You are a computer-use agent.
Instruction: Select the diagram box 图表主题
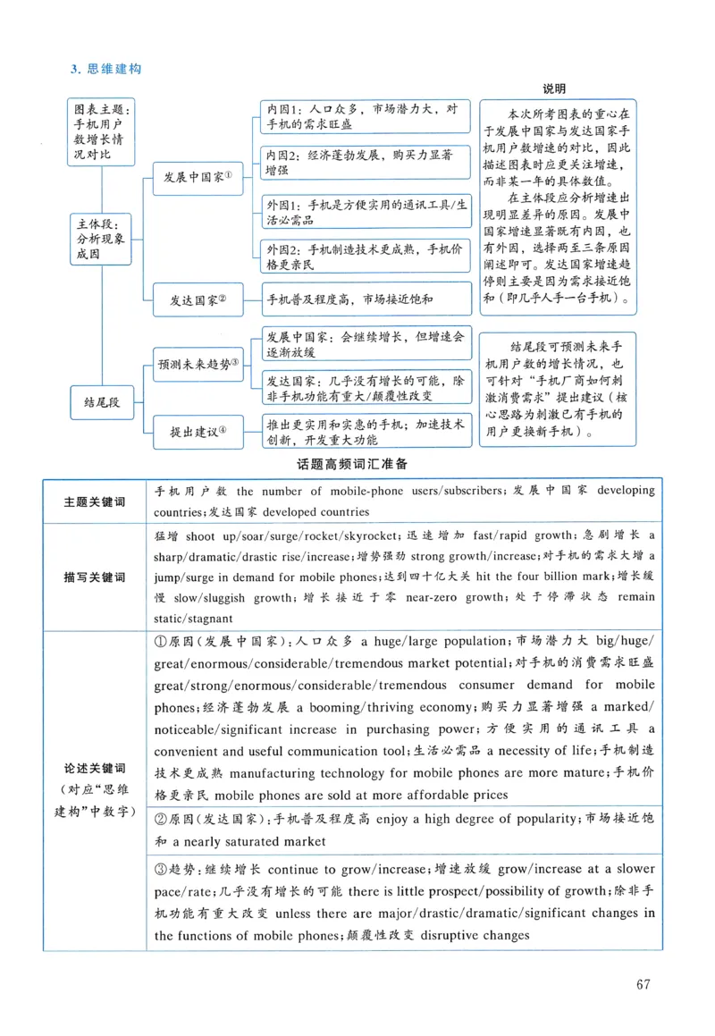[x=102, y=131]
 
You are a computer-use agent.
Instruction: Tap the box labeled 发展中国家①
[x=198, y=177]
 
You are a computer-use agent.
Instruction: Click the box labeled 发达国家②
[x=198, y=299]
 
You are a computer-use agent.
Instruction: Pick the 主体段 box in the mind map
[x=102, y=239]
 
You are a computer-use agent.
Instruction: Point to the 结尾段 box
[x=102, y=403]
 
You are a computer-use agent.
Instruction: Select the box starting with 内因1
[x=366, y=117]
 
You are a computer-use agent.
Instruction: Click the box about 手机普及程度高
[x=366, y=299]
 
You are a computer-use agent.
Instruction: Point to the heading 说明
[x=555, y=88]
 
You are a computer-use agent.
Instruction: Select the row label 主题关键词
[x=95, y=501]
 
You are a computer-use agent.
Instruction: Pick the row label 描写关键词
[x=95, y=577]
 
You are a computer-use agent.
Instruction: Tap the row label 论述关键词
[x=95, y=769]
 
